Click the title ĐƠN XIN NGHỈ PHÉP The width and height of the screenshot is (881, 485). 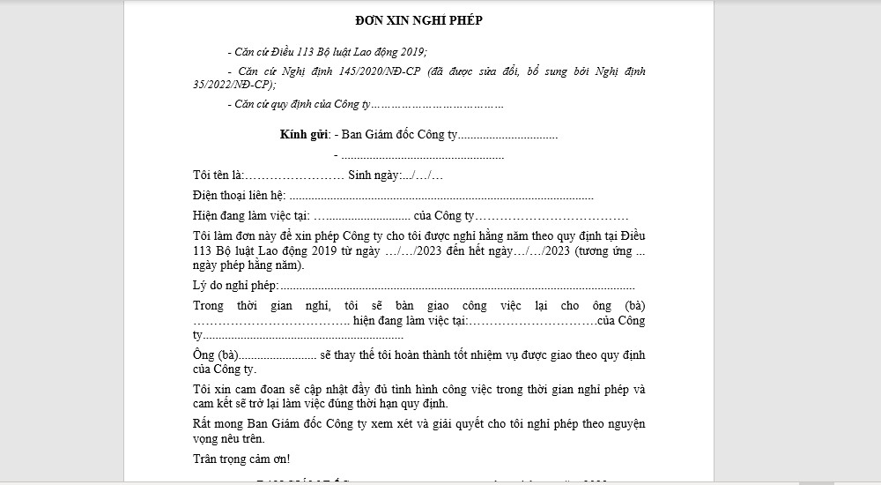(418, 21)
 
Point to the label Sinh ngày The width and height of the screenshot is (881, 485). (374, 175)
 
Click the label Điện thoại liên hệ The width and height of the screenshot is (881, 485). (239, 196)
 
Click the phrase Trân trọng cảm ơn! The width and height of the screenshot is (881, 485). (241, 459)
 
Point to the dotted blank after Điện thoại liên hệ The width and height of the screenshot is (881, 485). (440, 196)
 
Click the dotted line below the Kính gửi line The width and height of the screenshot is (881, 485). (423, 155)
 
